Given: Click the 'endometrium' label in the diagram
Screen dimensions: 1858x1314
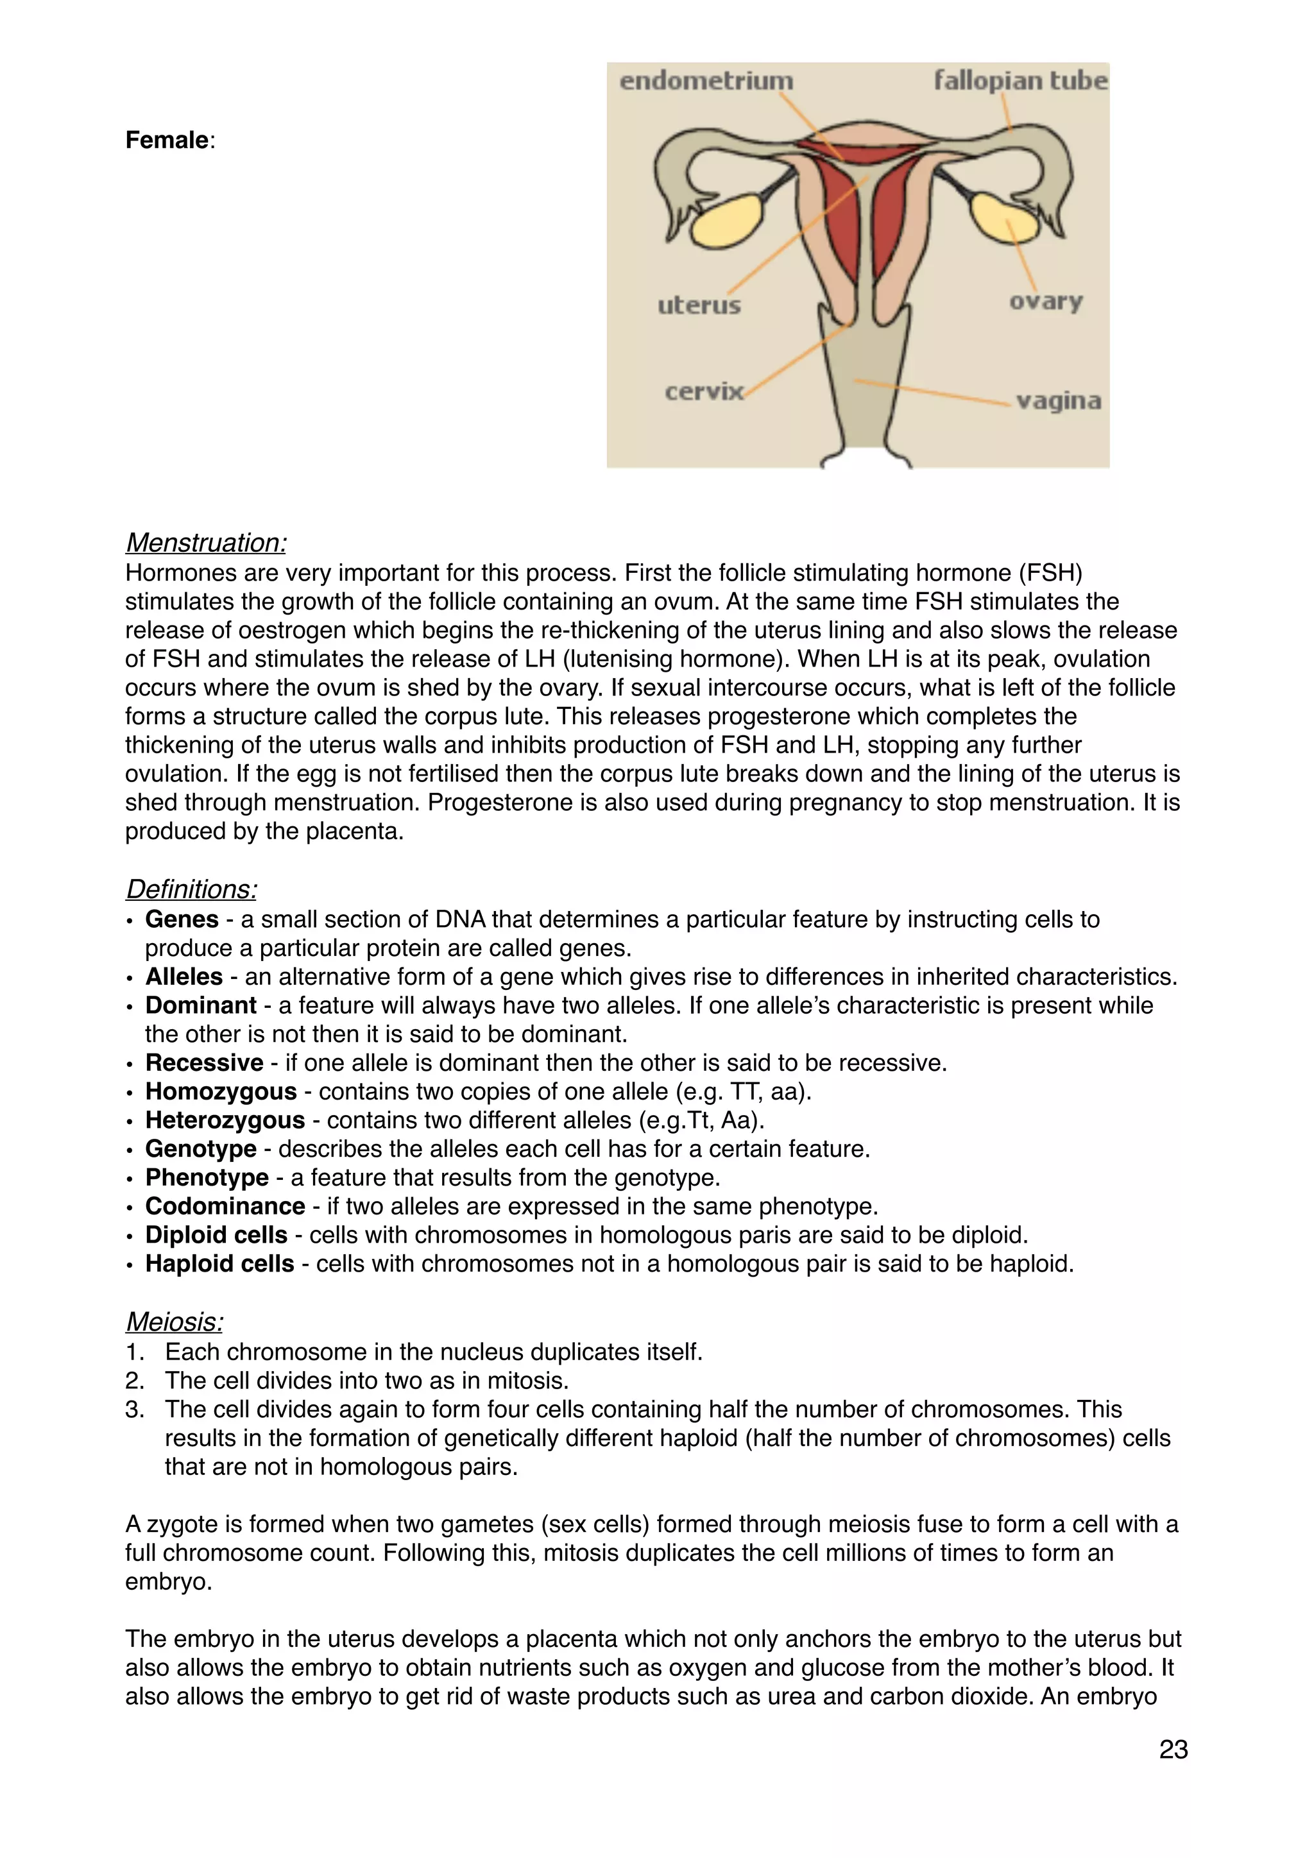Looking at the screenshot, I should pyautogui.click(x=706, y=81).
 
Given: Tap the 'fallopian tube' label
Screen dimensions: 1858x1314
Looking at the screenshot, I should pyautogui.click(x=1020, y=80).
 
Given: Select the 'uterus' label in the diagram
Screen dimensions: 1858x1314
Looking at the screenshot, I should pyautogui.click(x=699, y=305).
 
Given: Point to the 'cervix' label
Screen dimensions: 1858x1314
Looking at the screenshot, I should pyautogui.click(x=704, y=391).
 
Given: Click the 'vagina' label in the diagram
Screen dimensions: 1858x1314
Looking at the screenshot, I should pyautogui.click(x=1058, y=400).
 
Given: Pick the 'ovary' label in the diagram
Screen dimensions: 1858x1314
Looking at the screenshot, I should pyautogui.click(x=1045, y=301).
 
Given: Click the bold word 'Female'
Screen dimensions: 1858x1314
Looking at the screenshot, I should pyautogui.click(x=167, y=140).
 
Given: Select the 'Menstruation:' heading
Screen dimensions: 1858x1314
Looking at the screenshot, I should pyautogui.click(x=207, y=542).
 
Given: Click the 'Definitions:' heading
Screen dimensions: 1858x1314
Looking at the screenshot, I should pyautogui.click(x=192, y=889).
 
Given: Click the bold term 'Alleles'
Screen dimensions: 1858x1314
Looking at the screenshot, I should pyautogui.click(x=183, y=976).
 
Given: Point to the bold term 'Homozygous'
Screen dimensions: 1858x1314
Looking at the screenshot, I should pyautogui.click(x=221, y=1092).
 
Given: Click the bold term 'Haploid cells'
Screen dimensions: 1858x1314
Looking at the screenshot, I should pyautogui.click(x=219, y=1263).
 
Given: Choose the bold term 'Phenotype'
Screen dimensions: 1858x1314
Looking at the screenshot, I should pyautogui.click(x=207, y=1177).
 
